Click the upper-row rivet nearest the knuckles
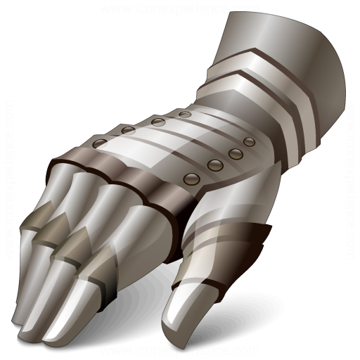coord(100,143)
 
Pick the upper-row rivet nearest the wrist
coord(185,113)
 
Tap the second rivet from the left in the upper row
coord(128,131)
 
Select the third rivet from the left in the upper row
coord(157,122)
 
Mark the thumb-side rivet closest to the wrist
coord(248,141)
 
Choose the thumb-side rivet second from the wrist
coord(235,153)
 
